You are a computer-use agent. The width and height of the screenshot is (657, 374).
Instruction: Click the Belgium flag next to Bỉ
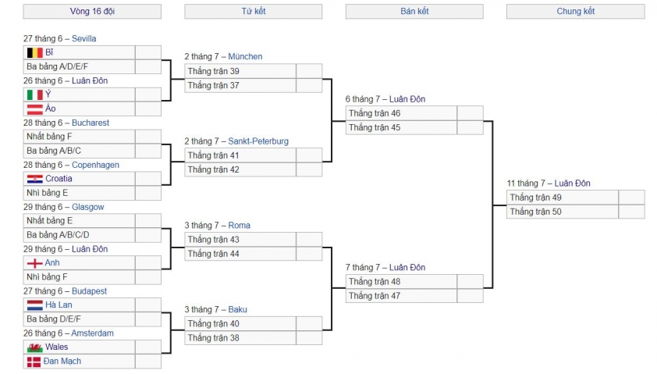click(35, 52)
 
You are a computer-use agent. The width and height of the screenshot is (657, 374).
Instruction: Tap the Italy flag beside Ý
click(35, 94)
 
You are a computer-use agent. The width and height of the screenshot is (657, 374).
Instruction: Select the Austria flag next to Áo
click(35, 109)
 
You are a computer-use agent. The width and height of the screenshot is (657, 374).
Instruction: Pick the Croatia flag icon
click(35, 179)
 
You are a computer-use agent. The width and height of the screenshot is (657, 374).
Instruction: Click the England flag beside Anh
click(35, 263)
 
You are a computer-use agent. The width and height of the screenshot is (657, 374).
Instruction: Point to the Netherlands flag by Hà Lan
click(35, 305)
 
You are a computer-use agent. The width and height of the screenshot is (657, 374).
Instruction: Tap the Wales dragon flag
click(35, 347)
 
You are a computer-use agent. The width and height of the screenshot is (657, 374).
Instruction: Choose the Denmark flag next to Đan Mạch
click(34, 362)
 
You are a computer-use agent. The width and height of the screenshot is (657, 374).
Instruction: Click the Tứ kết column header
click(254, 11)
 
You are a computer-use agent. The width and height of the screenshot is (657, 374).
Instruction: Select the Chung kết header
click(576, 11)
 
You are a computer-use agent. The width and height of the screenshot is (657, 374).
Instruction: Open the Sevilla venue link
click(83, 38)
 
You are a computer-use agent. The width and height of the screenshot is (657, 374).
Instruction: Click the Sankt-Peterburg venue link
click(258, 141)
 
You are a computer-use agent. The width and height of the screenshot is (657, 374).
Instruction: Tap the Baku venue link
click(237, 309)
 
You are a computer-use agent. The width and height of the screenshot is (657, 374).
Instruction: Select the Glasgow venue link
click(88, 207)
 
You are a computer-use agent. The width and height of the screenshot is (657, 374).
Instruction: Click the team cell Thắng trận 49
click(563, 198)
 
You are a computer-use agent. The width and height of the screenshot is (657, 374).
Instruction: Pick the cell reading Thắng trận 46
click(401, 113)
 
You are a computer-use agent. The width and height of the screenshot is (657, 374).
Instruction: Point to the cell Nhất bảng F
click(79, 137)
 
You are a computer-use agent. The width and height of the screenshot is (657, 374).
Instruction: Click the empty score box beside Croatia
click(148, 179)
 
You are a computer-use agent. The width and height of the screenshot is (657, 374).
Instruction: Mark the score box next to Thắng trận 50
click(632, 212)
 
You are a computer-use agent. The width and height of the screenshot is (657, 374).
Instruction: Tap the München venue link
click(245, 56)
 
